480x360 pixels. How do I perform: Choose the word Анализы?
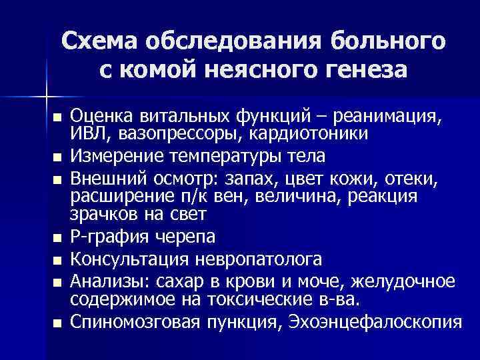pos(107,282)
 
